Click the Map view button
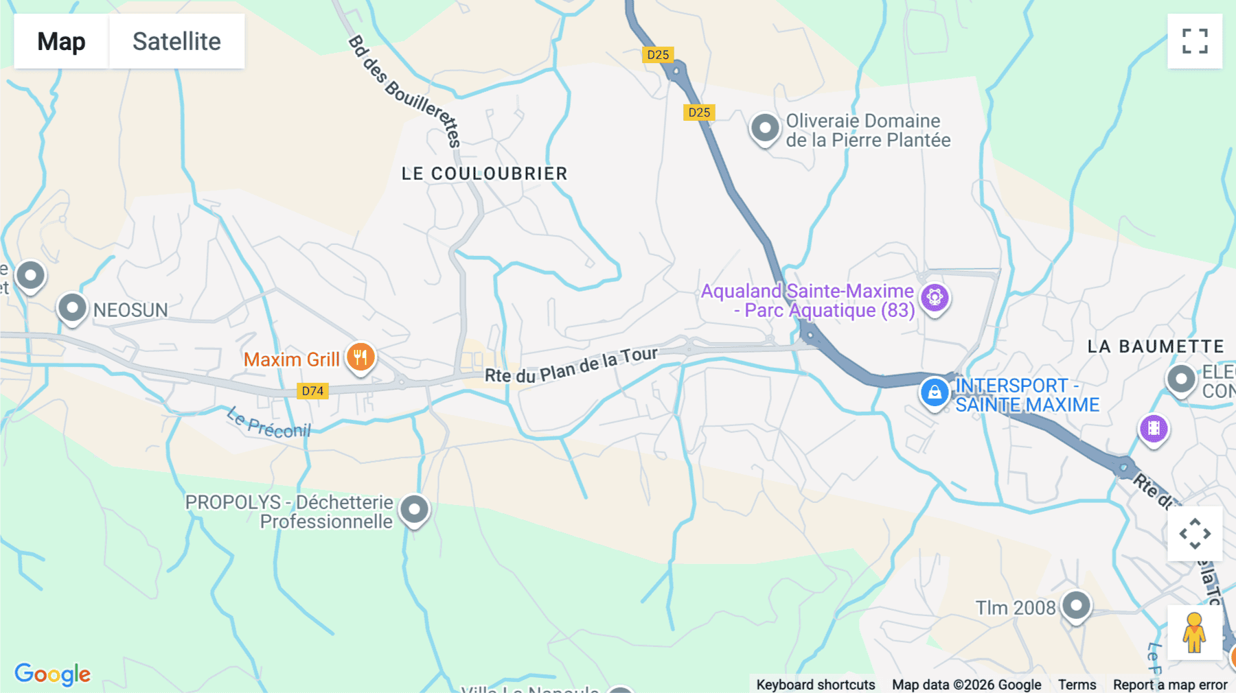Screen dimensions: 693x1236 click(61, 41)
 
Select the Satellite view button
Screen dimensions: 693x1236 click(176, 41)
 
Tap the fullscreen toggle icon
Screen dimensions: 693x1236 click(1195, 41)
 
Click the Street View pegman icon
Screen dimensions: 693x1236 click(1194, 633)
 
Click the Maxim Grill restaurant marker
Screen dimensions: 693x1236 click(360, 357)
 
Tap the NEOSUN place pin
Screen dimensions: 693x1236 click(72, 308)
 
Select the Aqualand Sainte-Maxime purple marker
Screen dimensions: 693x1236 click(935, 298)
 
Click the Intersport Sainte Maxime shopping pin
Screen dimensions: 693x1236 click(935, 393)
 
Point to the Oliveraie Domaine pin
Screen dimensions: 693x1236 click(765, 128)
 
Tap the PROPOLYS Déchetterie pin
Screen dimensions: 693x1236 click(414, 510)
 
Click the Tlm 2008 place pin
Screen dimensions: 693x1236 click(1076, 606)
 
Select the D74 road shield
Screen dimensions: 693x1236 click(312, 391)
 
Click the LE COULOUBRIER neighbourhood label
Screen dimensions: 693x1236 click(484, 174)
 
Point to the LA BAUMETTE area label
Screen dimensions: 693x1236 click(1156, 346)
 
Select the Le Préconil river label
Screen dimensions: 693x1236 click(269, 423)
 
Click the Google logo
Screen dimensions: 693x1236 click(52, 674)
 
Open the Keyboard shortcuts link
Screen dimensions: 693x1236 click(815, 685)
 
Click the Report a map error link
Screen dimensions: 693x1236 click(1170, 685)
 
